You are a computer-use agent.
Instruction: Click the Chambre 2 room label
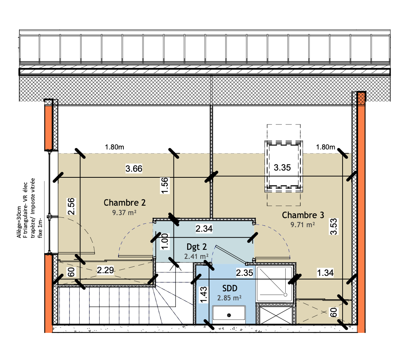click(125, 203)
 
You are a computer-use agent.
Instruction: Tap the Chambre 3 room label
click(303, 215)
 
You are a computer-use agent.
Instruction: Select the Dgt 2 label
click(197, 247)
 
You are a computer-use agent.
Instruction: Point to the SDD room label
click(230, 288)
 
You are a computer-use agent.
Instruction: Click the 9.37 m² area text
click(124, 212)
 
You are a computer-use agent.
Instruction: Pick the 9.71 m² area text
click(303, 225)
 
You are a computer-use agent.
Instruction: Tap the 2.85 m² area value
click(229, 298)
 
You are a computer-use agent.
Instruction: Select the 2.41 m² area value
click(196, 256)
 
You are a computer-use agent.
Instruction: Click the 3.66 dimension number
click(134, 169)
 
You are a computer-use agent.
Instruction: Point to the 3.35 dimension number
click(282, 168)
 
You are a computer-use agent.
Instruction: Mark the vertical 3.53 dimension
click(334, 227)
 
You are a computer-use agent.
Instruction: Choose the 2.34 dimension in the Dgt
click(204, 229)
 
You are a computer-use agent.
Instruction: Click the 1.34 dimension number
click(325, 273)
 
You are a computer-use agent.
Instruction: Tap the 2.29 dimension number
click(105, 270)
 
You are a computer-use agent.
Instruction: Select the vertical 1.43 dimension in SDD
click(203, 294)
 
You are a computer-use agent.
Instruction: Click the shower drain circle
click(285, 295)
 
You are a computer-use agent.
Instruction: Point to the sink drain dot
click(229, 315)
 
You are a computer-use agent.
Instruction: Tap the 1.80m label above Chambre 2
click(114, 147)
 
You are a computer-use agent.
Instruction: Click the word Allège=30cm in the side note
click(19, 222)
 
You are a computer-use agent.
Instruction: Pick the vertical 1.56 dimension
click(165, 185)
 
